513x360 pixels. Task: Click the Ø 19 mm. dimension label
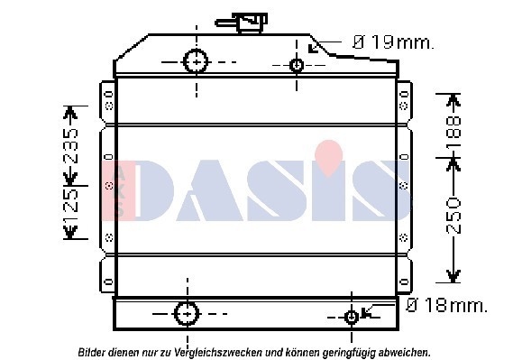(x=392, y=42)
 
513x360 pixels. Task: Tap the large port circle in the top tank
(x=196, y=61)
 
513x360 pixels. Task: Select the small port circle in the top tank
(x=297, y=65)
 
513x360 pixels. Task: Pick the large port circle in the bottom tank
(x=187, y=314)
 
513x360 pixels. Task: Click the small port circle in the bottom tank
(x=352, y=317)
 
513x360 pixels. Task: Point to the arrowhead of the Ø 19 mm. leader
(x=312, y=49)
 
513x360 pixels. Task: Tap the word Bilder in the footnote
(x=94, y=351)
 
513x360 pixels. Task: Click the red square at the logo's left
(x=120, y=190)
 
